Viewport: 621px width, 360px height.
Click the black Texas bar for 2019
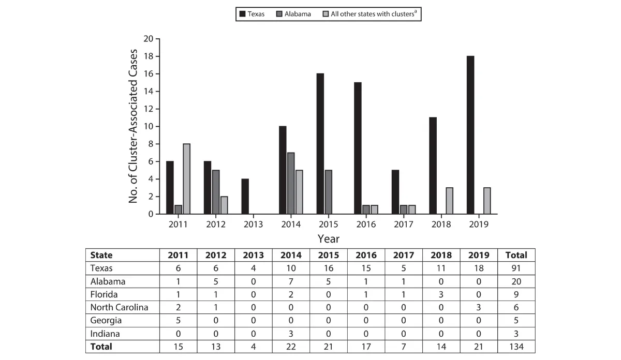click(x=470, y=135)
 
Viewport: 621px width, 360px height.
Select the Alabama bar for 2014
click(x=290, y=183)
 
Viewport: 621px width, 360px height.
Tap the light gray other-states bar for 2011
click(x=186, y=178)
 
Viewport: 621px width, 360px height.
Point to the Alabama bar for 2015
click(x=328, y=192)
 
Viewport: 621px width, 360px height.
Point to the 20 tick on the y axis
click(x=149, y=39)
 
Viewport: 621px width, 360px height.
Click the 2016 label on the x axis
click(x=366, y=224)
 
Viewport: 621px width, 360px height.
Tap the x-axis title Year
click(x=328, y=238)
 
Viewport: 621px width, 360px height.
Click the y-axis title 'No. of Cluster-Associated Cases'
click(x=134, y=126)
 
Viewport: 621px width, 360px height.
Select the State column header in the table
click(x=101, y=255)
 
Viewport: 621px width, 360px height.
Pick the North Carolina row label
click(x=119, y=307)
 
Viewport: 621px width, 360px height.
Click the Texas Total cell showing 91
click(x=516, y=268)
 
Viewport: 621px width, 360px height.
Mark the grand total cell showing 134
click(x=516, y=347)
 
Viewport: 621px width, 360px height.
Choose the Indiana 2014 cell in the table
click(x=291, y=334)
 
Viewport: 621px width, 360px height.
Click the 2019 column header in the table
click(x=479, y=255)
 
